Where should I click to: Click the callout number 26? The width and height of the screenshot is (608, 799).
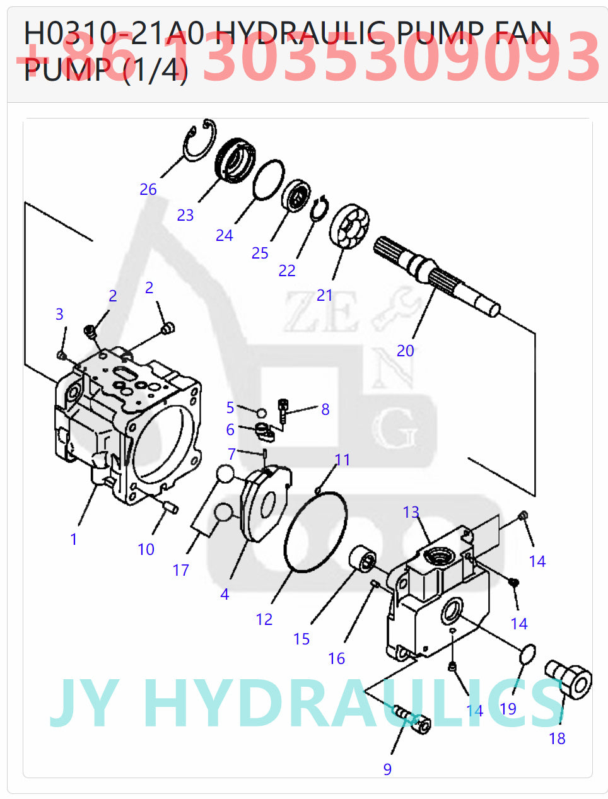148,189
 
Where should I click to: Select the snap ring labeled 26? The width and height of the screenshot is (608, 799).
201,140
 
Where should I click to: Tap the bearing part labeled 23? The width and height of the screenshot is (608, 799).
235,158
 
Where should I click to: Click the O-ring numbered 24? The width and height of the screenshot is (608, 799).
268,179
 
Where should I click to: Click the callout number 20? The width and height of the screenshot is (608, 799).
405,351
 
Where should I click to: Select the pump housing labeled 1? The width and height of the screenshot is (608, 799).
126,429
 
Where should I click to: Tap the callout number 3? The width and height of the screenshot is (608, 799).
59,314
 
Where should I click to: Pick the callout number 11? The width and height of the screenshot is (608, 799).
342,460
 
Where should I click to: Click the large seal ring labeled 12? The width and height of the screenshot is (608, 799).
315,533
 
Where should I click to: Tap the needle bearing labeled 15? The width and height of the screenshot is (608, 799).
363,559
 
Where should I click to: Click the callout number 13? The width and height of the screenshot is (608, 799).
411,512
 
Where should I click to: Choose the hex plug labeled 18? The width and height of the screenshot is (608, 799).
570,680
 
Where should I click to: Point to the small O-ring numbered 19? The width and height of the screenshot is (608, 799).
528,654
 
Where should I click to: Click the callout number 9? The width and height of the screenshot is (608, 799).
387,769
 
